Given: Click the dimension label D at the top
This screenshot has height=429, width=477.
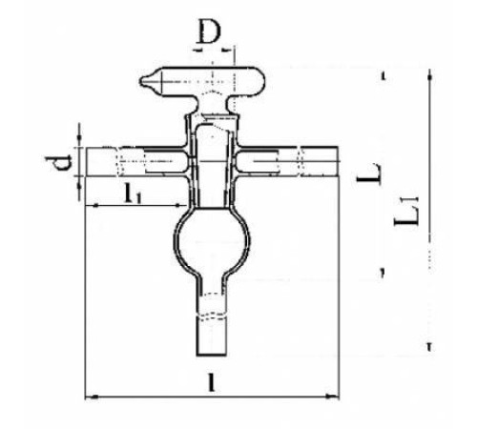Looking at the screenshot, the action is pos(209,31).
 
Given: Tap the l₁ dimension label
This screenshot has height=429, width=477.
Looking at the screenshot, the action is pos(132,194).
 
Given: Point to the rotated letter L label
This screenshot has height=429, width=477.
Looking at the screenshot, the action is pos(369,174).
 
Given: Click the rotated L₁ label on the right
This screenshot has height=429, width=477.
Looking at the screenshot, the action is pos(407,211).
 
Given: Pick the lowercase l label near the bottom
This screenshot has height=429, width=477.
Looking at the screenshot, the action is pos(211,382).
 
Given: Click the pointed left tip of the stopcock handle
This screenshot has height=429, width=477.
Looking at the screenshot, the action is pos(140,81).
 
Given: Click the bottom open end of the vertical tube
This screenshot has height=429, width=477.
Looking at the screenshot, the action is pos(212,354).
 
